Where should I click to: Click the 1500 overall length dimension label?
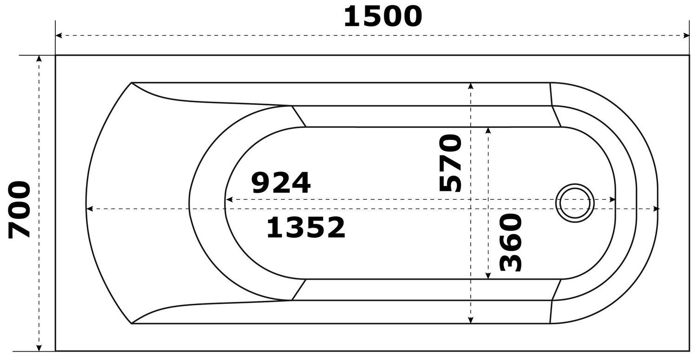point(382,17)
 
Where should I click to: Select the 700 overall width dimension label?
point(20,209)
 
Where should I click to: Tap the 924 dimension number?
point(281,183)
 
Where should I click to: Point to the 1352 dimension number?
point(306,228)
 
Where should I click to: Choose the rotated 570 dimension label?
point(451,163)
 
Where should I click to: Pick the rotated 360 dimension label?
point(511,242)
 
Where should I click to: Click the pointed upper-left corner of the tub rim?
point(132,83)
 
